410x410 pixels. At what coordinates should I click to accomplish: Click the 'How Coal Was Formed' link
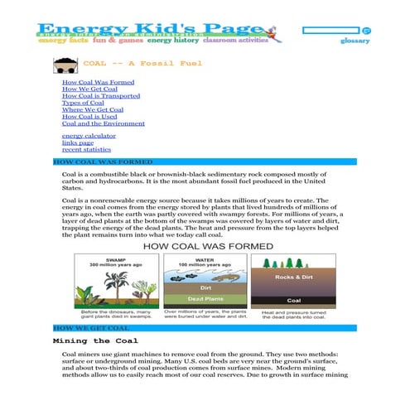click(98, 84)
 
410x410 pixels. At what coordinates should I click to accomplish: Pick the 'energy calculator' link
click(89, 135)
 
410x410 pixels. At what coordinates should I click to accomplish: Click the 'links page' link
click(79, 142)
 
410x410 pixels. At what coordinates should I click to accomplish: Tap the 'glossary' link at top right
click(355, 41)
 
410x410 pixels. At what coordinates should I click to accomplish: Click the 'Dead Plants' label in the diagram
click(204, 297)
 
